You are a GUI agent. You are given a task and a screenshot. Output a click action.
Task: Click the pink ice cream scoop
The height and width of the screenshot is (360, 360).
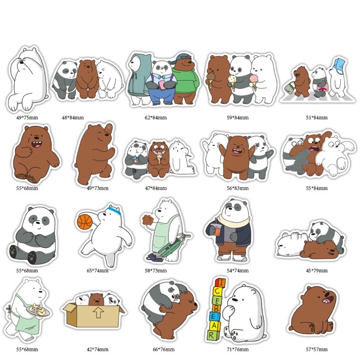pyautogui.click(x=254, y=77)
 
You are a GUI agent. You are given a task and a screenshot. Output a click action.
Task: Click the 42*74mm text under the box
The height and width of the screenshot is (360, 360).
pyautogui.click(x=97, y=349)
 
